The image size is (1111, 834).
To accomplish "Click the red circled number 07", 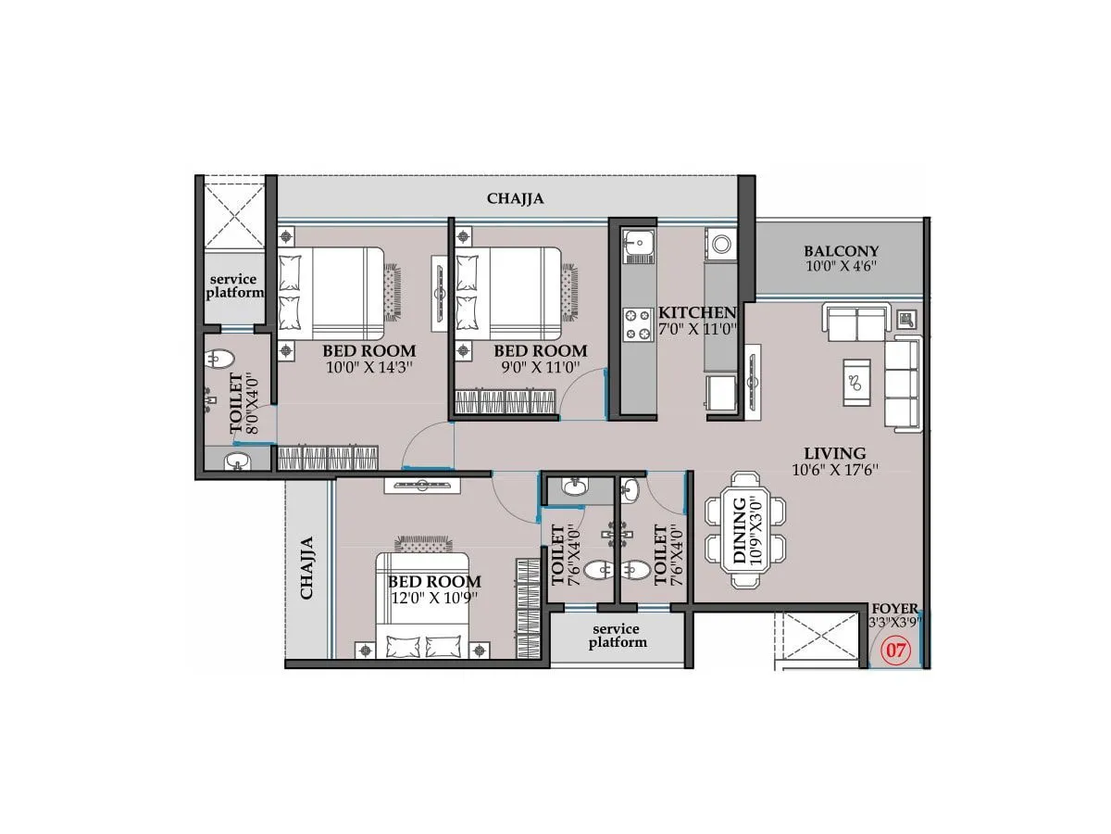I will point(895,651).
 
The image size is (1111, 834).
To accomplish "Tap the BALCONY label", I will point(841,251).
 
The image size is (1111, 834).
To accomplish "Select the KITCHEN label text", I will point(696,313).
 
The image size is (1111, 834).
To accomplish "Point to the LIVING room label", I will point(834,453).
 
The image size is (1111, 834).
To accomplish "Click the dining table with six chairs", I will point(745,530).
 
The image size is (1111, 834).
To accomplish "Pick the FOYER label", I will point(895,609).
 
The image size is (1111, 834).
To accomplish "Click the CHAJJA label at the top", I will point(515,198).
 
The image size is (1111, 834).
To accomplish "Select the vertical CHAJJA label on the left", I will point(307,567).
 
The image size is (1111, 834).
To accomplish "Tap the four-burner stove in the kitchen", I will point(638,324).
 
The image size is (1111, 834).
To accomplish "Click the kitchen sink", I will point(637,245).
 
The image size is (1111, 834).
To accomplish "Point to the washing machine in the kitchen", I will point(720,246).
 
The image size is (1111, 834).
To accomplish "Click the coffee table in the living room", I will point(856,381).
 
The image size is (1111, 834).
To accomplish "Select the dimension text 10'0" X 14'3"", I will point(368,367).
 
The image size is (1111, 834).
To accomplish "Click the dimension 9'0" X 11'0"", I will point(540,367).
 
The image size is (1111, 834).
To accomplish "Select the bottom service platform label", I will point(618,636).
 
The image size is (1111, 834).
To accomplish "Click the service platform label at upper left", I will point(233,285).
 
